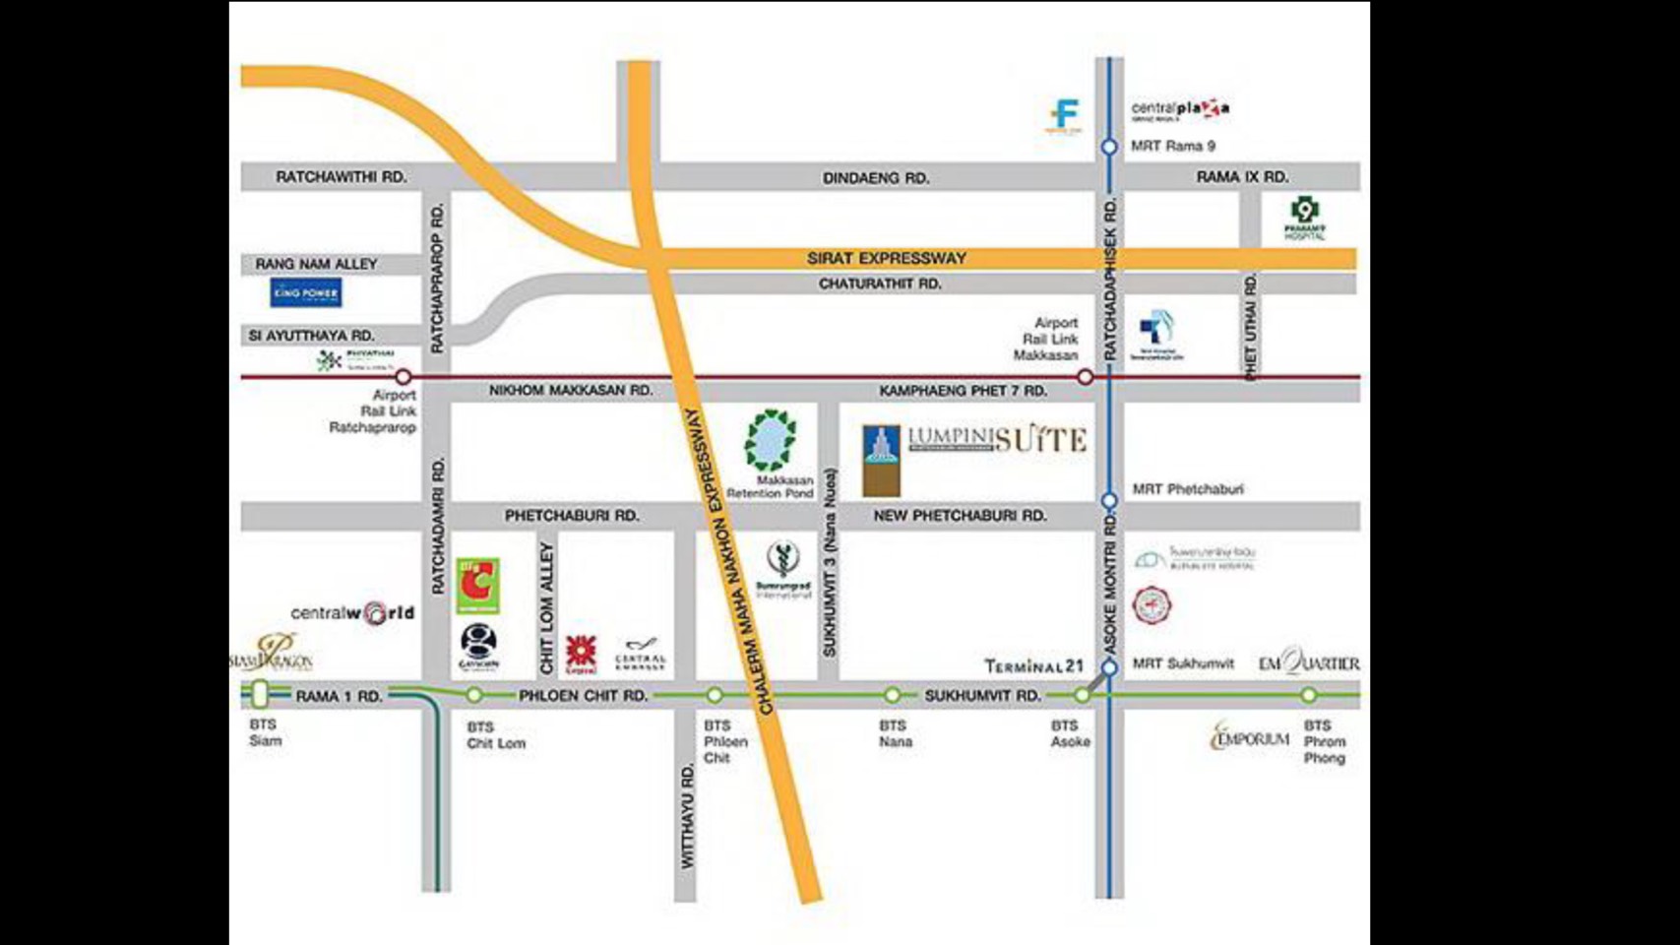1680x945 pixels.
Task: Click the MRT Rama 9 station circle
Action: click(1109, 147)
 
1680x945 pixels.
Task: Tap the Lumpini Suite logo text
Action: click(996, 439)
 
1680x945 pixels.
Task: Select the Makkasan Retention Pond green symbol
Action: click(770, 440)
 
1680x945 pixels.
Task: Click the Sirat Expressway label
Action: click(887, 258)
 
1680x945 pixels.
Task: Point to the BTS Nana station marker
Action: click(892, 695)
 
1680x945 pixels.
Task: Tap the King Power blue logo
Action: click(306, 292)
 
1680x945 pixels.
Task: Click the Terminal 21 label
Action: click(1033, 666)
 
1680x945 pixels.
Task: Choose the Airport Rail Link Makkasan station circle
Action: click(1085, 377)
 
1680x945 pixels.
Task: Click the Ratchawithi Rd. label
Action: click(341, 177)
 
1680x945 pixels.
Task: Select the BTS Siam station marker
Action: click(260, 694)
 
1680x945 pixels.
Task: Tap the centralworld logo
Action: click(352, 613)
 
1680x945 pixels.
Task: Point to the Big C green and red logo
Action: click(478, 586)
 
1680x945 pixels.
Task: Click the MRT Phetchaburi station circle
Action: click(1109, 500)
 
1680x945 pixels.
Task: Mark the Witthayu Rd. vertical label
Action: click(687, 816)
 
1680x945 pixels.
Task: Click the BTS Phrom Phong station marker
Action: click(1308, 695)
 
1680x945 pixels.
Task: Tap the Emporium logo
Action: click(1250, 736)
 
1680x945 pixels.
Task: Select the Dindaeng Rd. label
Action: click(876, 178)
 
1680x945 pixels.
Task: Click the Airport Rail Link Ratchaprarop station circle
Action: click(403, 377)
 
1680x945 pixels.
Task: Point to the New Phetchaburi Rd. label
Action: click(960, 516)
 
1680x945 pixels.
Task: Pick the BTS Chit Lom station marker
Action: click(474, 695)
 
